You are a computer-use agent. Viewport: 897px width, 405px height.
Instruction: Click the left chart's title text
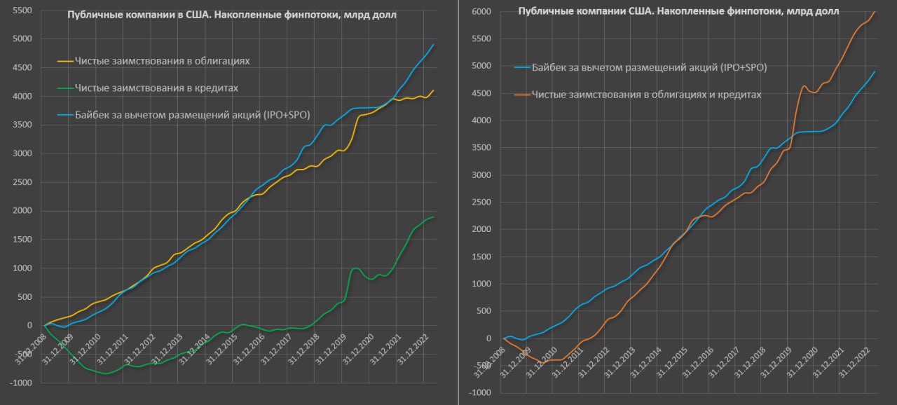click(x=231, y=15)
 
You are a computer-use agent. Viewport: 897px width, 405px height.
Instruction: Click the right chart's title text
click(x=678, y=11)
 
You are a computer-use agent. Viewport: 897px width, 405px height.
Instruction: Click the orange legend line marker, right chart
click(x=522, y=95)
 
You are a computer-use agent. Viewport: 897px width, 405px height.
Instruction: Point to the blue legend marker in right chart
click(x=522, y=68)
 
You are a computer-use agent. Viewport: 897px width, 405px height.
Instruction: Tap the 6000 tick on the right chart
click(x=482, y=11)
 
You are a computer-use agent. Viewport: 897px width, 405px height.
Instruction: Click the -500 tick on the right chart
click(x=483, y=365)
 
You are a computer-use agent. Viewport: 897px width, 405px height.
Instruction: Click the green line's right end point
click(x=434, y=217)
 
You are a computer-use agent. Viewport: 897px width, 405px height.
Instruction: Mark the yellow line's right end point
click(x=434, y=90)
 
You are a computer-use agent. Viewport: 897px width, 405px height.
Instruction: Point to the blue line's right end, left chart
click(x=434, y=45)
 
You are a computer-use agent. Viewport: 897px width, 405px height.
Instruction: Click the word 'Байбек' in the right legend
click(x=548, y=68)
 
